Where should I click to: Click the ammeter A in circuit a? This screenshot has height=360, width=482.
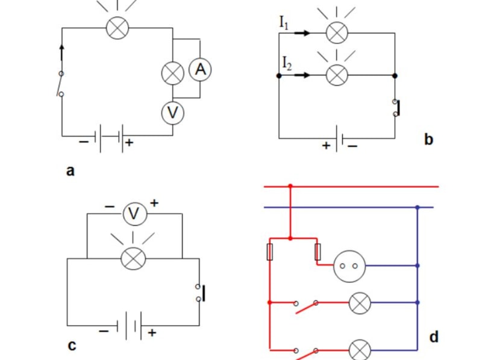[x=200, y=70]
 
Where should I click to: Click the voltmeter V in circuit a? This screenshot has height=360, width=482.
[x=172, y=113]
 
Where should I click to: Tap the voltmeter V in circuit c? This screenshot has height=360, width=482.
[x=135, y=213]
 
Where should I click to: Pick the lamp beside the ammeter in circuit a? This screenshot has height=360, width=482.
[x=173, y=73]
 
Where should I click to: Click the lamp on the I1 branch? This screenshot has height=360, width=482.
[x=337, y=33]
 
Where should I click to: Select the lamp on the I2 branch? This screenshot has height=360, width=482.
[x=337, y=75]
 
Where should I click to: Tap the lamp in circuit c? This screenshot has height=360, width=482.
[x=133, y=258]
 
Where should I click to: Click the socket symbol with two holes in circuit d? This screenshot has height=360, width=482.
[x=349, y=265]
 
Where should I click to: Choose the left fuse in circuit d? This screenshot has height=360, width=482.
[x=270, y=252]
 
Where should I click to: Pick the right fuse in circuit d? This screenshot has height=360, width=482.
[x=318, y=252]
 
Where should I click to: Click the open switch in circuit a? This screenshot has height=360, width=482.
[x=61, y=84]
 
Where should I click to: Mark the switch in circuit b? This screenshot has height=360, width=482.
[x=396, y=108]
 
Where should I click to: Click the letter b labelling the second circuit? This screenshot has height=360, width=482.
[x=428, y=140]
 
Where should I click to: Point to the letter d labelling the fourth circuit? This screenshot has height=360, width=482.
[x=434, y=337]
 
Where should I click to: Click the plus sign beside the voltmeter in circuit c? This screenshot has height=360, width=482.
[x=154, y=203]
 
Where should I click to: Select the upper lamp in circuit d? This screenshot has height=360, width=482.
[x=360, y=302]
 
